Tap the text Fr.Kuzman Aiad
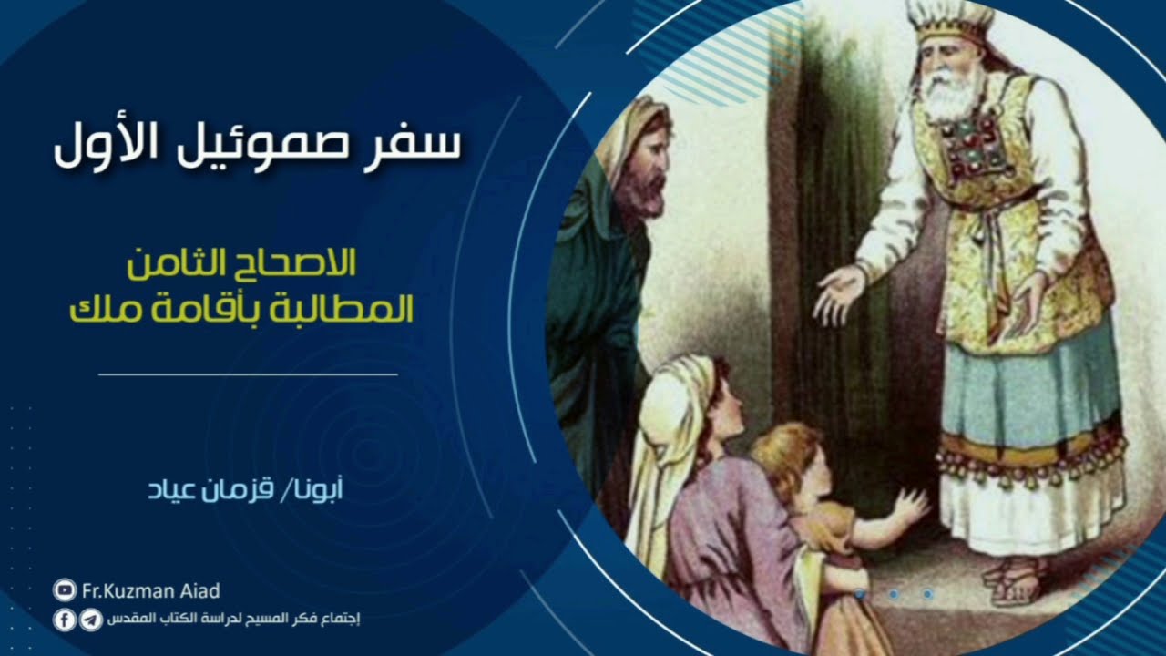point(151,591)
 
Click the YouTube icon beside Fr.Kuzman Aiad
point(65,591)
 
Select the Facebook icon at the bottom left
point(65,620)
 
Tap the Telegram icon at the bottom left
point(91,620)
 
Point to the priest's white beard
point(952,96)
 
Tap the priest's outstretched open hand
point(836,293)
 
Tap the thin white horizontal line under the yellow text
point(248,374)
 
